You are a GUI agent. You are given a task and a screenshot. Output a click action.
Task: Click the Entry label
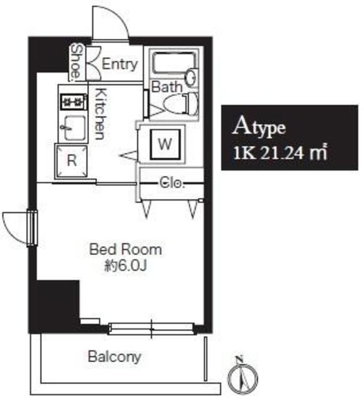click(120, 64)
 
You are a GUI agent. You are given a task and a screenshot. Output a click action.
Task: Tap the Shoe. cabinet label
click(76, 61)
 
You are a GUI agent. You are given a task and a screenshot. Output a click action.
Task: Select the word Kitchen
click(100, 114)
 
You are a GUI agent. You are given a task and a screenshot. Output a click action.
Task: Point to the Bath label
click(167, 86)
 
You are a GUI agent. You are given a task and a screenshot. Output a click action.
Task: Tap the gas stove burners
click(73, 102)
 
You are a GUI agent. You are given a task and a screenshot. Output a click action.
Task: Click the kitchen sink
click(74, 127)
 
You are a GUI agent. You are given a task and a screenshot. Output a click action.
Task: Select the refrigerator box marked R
click(71, 160)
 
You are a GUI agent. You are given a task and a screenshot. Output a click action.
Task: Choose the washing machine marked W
click(165, 144)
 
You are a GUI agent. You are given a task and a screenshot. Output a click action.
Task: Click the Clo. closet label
click(172, 183)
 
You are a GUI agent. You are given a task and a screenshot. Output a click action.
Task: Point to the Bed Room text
click(125, 249)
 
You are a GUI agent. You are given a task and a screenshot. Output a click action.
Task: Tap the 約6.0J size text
click(125, 266)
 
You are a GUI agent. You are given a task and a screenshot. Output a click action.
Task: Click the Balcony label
click(115, 357)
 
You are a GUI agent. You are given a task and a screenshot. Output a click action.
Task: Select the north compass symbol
click(242, 375)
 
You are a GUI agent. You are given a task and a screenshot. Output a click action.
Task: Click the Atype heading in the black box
click(259, 127)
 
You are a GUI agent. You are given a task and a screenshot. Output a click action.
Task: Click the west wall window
click(32, 227)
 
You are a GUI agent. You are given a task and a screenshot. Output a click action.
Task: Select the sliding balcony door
click(151, 328)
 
